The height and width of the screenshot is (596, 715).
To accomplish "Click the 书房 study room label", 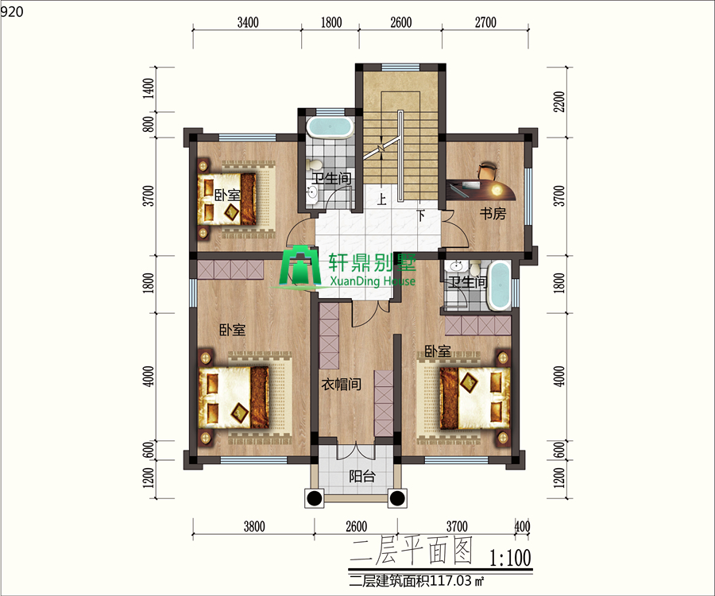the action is (493, 214).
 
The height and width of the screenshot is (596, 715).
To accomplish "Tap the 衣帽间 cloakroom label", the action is (342, 385).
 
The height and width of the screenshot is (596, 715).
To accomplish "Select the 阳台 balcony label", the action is (362, 477).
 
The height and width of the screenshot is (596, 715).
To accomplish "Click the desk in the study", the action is (481, 189).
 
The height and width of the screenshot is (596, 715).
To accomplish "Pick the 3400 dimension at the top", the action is (248, 22).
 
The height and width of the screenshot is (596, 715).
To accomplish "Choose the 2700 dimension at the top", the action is (485, 22).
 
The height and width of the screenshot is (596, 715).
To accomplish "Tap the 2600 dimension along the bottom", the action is (356, 527).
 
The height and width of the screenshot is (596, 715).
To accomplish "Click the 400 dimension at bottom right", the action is (523, 526).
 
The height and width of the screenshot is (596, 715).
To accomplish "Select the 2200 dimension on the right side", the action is (559, 102).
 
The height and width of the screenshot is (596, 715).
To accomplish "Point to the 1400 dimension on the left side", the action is (149, 89).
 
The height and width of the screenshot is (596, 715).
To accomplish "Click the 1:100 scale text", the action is (510, 557).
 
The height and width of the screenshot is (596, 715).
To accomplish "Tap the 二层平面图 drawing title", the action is (412, 551).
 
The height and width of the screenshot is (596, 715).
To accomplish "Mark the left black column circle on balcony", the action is (315, 498).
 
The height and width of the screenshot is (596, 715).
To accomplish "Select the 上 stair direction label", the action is (381, 199).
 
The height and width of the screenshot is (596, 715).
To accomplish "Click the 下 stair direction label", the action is (421, 215).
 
